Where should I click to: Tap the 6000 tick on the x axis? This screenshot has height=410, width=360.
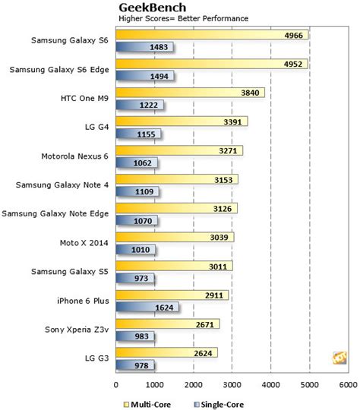348,385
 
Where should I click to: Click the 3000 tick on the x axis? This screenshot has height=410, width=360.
232,385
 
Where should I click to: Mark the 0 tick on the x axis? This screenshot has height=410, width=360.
116,385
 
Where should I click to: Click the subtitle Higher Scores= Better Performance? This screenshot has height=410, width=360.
173,17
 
